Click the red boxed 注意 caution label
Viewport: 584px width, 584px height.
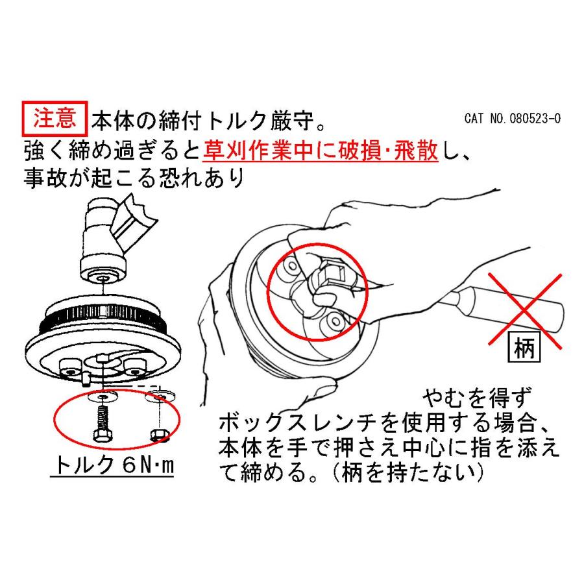point(55,119)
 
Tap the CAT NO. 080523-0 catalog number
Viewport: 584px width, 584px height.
point(513,119)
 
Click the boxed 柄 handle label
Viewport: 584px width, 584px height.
point(524,347)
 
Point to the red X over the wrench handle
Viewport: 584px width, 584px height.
point(525,311)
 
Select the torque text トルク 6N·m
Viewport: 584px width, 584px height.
point(114,465)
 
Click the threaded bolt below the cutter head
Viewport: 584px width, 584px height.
point(102,424)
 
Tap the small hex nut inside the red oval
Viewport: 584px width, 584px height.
point(160,435)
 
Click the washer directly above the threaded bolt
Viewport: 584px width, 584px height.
point(103,396)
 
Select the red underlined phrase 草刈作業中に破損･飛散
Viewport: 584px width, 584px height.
point(321,151)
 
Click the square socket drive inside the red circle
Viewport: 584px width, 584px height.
point(335,274)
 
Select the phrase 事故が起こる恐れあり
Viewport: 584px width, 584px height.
point(134,178)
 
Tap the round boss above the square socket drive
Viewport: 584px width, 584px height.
point(293,265)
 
